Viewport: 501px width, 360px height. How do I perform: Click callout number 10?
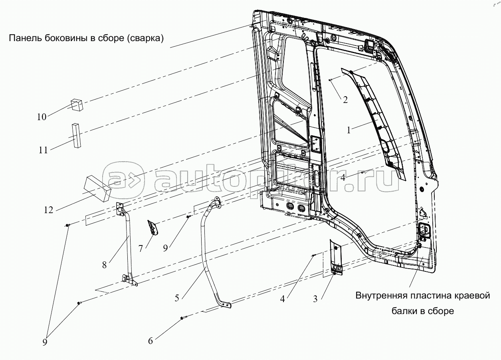[42, 117]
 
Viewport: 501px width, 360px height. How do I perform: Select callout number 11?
[43, 150]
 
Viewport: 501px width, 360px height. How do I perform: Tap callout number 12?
[48, 210]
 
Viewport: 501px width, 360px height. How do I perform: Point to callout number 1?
[349, 130]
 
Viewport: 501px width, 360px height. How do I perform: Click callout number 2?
[345, 100]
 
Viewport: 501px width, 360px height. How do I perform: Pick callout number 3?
[315, 299]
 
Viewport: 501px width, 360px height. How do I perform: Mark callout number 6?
[150, 341]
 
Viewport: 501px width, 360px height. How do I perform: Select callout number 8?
[104, 265]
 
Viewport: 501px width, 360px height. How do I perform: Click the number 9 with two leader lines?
[45, 342]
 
